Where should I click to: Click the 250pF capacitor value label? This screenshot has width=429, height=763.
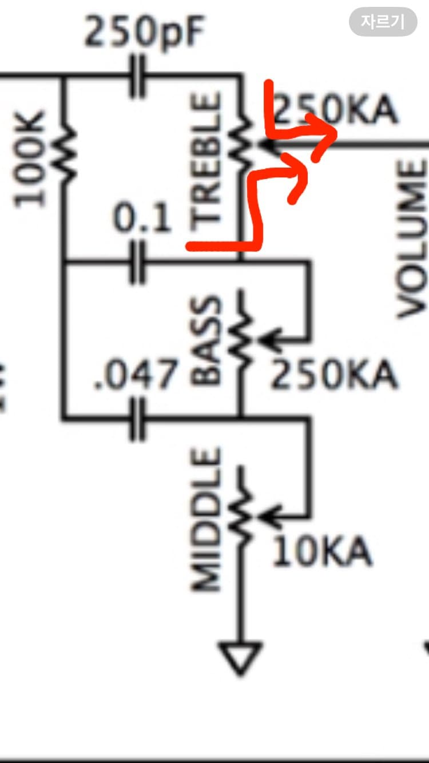144,32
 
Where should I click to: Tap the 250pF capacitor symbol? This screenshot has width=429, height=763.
137,76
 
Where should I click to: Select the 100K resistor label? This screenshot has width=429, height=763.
29,159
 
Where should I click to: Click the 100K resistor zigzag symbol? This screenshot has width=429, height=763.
64,153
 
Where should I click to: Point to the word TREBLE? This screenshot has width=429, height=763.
205,162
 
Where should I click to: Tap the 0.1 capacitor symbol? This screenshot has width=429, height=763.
137,263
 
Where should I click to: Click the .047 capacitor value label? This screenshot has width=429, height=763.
136,375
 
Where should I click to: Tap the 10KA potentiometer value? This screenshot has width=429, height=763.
322,551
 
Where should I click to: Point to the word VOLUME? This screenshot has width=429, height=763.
411,240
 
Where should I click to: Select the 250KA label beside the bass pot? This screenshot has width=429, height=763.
334,374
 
